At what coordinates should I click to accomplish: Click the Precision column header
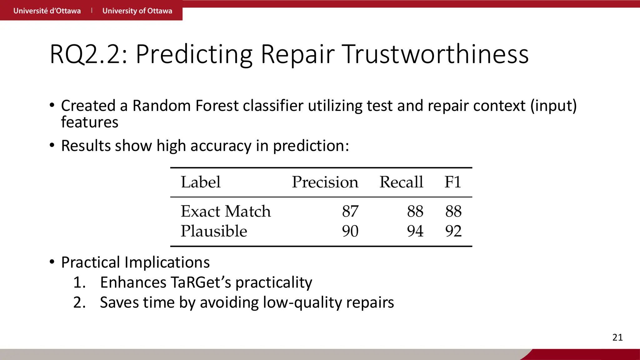click(325, 182)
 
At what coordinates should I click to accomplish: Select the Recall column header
click(401, 182)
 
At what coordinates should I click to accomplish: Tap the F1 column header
click(453, 182)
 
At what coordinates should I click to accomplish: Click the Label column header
click(201, 182)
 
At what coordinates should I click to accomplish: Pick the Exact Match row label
click(226, 211)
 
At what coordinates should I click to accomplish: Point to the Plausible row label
click(214, 231)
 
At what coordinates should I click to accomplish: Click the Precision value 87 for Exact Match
click(350, 211)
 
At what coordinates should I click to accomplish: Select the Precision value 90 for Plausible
click(350, 231)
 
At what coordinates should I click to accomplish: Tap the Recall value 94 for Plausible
click(415, 231)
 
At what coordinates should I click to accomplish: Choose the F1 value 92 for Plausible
click(453, 231)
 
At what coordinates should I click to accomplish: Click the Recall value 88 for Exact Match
click(415, 211)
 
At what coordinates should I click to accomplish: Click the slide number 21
click(617, 337)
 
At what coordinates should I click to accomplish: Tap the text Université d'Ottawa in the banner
click(47, 11)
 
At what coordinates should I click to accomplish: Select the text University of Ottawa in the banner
click(137, 11)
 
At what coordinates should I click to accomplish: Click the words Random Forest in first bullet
click(186, 106)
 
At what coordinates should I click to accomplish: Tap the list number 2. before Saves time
click(79, 302)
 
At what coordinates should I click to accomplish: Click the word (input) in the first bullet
click(553, 106)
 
